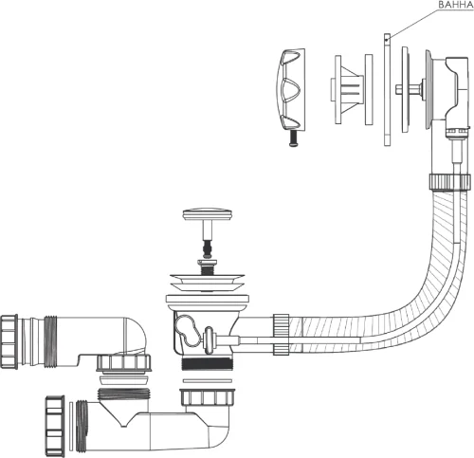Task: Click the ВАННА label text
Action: point(455,5)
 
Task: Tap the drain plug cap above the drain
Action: point(208,214)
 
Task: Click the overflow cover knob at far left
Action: point(292,89)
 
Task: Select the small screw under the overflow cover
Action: point(294,138)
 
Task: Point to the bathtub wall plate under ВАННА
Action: point(387,90)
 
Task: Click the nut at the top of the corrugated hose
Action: point(450,181)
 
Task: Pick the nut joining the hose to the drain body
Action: point(282,334)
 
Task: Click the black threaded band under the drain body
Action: point(207,363)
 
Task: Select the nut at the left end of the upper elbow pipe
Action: point(9,341)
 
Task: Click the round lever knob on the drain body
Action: point(209,340)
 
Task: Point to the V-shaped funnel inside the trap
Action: point(122,412)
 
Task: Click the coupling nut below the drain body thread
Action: point(208,397)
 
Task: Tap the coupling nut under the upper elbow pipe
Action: point(123,363)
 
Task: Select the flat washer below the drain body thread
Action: point(208,381)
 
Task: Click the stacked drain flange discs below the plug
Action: point(208,283)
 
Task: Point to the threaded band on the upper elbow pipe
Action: point(50,341)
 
